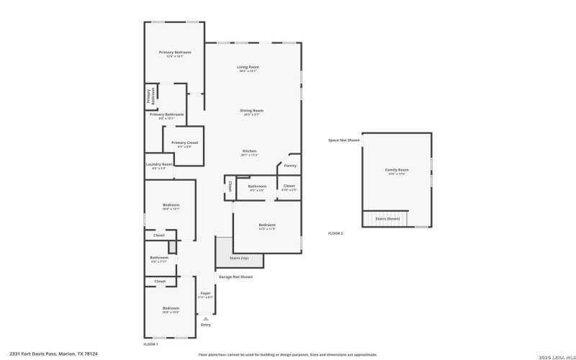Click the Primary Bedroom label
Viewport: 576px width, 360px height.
click(175, 53)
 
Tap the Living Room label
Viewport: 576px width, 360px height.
click(248, 68)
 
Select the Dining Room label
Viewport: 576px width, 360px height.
click(253, 111)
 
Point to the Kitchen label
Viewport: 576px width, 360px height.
click(249, 151)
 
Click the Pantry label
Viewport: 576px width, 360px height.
click(290, 166)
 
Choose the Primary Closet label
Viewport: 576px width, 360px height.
click(184, 143)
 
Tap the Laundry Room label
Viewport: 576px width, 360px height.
click(159, 164)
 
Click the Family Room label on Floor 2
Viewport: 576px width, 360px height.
click(396, 170)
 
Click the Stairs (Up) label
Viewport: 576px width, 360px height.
click(240, 257)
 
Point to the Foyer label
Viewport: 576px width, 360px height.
click(205, 293)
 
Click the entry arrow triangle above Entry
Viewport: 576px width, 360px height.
click(206, 318)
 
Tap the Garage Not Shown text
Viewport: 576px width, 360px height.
click(235, 276)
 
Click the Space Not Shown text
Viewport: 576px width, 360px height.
click(343, 140)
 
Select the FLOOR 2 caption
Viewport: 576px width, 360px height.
click(336, 233)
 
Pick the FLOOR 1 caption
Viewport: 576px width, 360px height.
click(150, 345)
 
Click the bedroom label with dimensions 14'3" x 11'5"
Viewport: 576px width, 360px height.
click(267, 225)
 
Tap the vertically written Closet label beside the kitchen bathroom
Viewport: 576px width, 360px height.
click(230, 186)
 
